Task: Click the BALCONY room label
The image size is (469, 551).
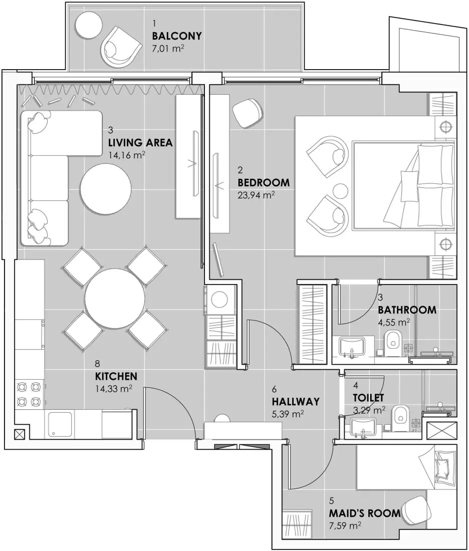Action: [177, 36]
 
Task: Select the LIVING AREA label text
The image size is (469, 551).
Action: [140, 143]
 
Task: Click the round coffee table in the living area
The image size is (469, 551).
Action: [106, 188]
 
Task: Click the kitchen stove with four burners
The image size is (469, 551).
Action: [29, 394]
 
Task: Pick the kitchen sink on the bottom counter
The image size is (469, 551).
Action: [61, 425]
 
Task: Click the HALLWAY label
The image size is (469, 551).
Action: [295, 401]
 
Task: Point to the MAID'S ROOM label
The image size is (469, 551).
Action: [364, 513]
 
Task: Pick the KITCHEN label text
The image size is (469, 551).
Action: [116, 376]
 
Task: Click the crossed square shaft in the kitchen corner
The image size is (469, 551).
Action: [20, 434]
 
